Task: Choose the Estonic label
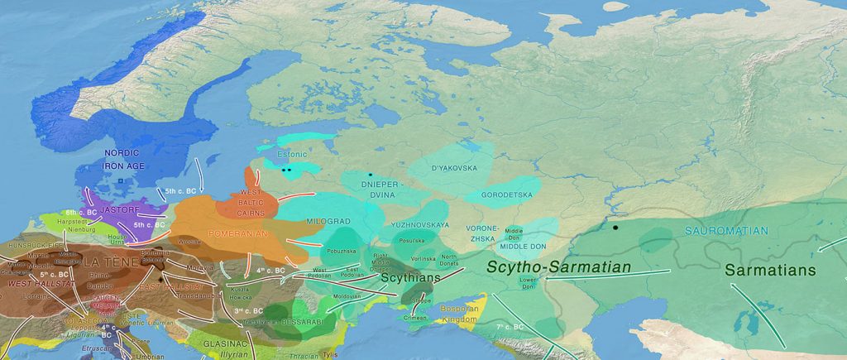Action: click(292, 153)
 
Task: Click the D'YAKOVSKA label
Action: click(454, 168)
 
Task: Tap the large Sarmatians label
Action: click(770, 271)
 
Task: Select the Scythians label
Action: click(409, 278)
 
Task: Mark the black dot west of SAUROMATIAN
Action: click(615, 227)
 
